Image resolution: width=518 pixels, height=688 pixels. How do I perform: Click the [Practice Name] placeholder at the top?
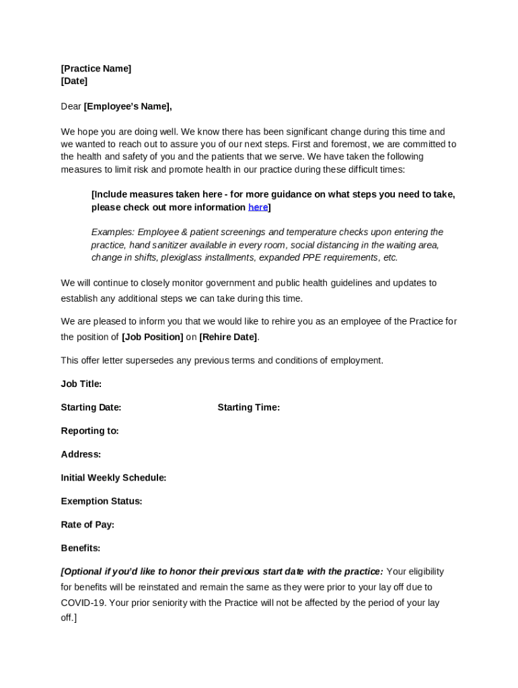click(x=96, y=69)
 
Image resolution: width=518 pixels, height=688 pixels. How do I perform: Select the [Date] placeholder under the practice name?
click(x=74, y=81)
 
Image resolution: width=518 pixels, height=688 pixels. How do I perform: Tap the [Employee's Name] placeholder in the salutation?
click(x=127, y=106)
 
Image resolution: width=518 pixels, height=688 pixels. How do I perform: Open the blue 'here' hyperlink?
click(x=258, y=207)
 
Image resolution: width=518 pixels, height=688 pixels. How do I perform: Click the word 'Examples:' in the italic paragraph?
click(x=112, y=232)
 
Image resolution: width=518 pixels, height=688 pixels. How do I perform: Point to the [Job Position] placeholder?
click(x=152, y=337)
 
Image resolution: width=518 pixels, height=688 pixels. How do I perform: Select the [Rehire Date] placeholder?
click(x=228, y=337)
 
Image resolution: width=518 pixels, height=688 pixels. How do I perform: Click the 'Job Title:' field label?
click(x=81, y=384)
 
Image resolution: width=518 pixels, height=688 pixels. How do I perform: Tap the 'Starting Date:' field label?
click(x=91, y=407)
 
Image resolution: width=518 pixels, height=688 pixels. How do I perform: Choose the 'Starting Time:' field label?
click(x=248, y=407)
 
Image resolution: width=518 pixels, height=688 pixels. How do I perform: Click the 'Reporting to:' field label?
click(x=89, y=431)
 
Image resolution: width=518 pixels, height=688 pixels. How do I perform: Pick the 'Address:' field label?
click(x=81, y=454)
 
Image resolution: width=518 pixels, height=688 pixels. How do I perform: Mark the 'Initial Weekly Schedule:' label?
click(x=113, y=478)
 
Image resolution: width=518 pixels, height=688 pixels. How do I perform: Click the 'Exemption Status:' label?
click(x=101, y=501)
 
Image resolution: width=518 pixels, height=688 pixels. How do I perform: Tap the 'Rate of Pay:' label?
click(x=87, y=525)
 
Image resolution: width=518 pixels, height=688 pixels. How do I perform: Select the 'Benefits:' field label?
click(x=80, y=548)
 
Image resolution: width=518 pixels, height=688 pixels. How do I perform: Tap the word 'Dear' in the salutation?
click(x=71, y=106)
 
